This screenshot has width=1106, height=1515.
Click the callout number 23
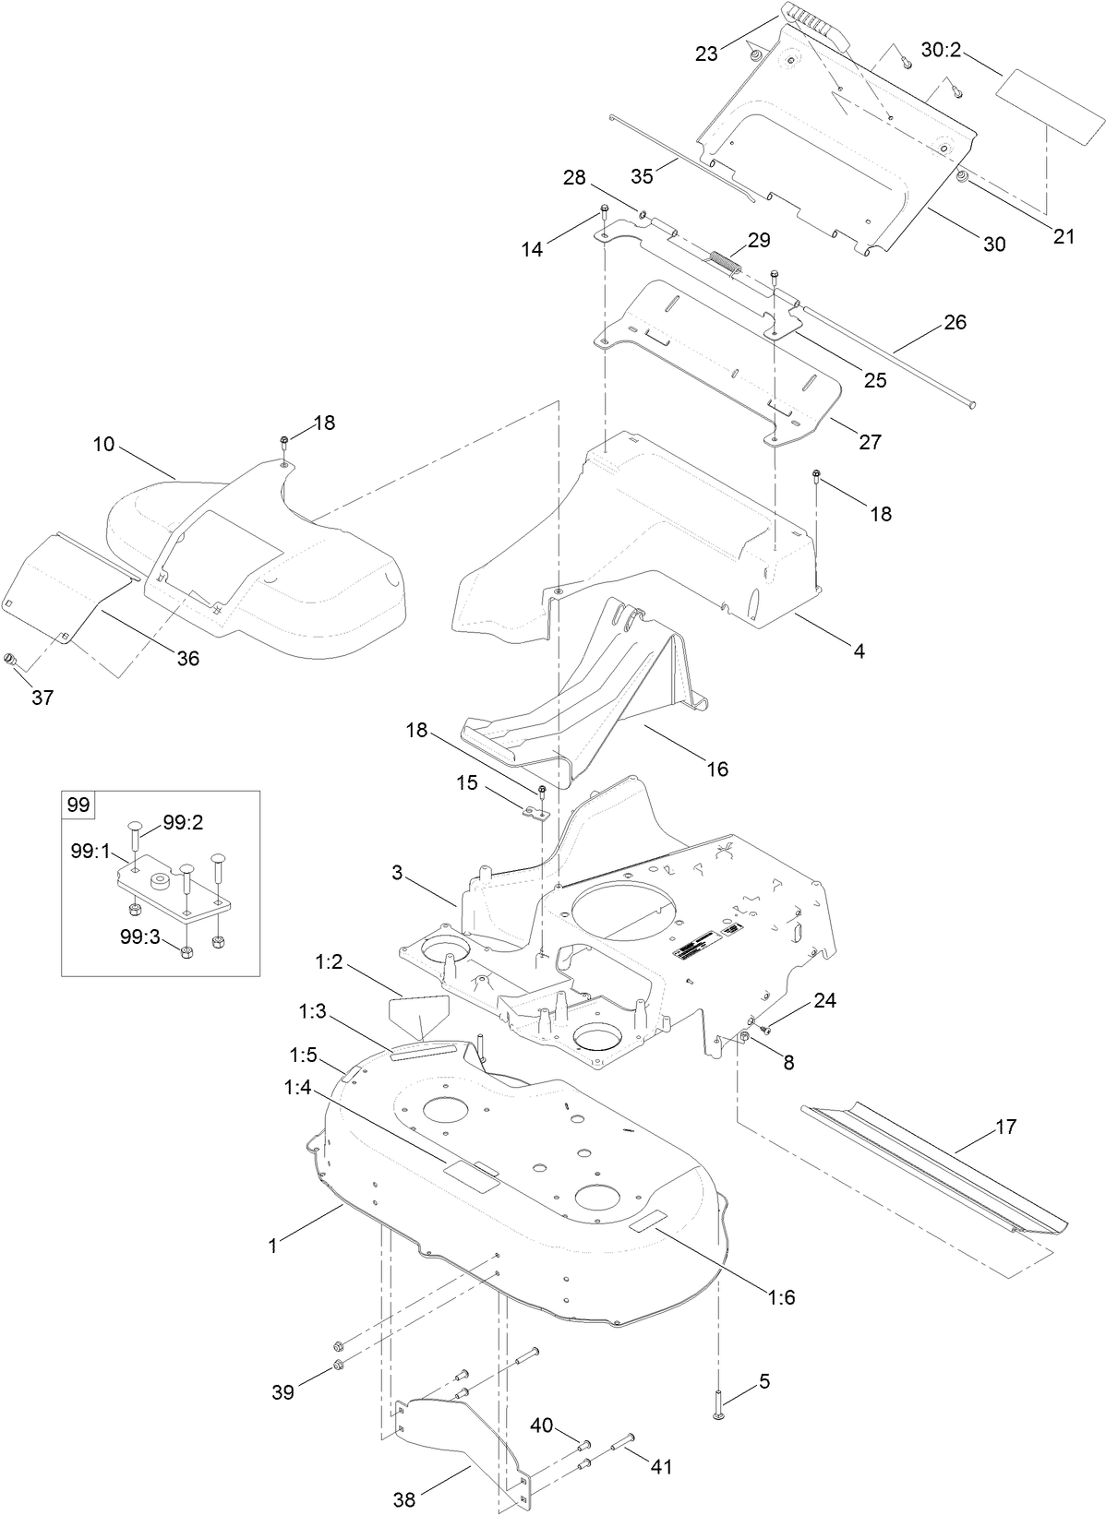[x=706, y=54]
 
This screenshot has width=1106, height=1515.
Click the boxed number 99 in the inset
[x=78, y=805]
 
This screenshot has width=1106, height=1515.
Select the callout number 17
[x=1005, y=1127]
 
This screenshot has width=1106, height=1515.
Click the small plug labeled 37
[x=10, y=660]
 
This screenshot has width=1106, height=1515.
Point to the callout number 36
[x=187, y=659]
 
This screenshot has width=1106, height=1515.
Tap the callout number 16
[x=716, y=768]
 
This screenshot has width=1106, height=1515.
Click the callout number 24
[x=824, y=1000]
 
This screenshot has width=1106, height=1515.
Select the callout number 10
[x=103, y=444]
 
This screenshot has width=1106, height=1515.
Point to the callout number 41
[x=662, y=1466]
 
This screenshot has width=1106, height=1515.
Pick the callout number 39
[x=283, y=1392]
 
